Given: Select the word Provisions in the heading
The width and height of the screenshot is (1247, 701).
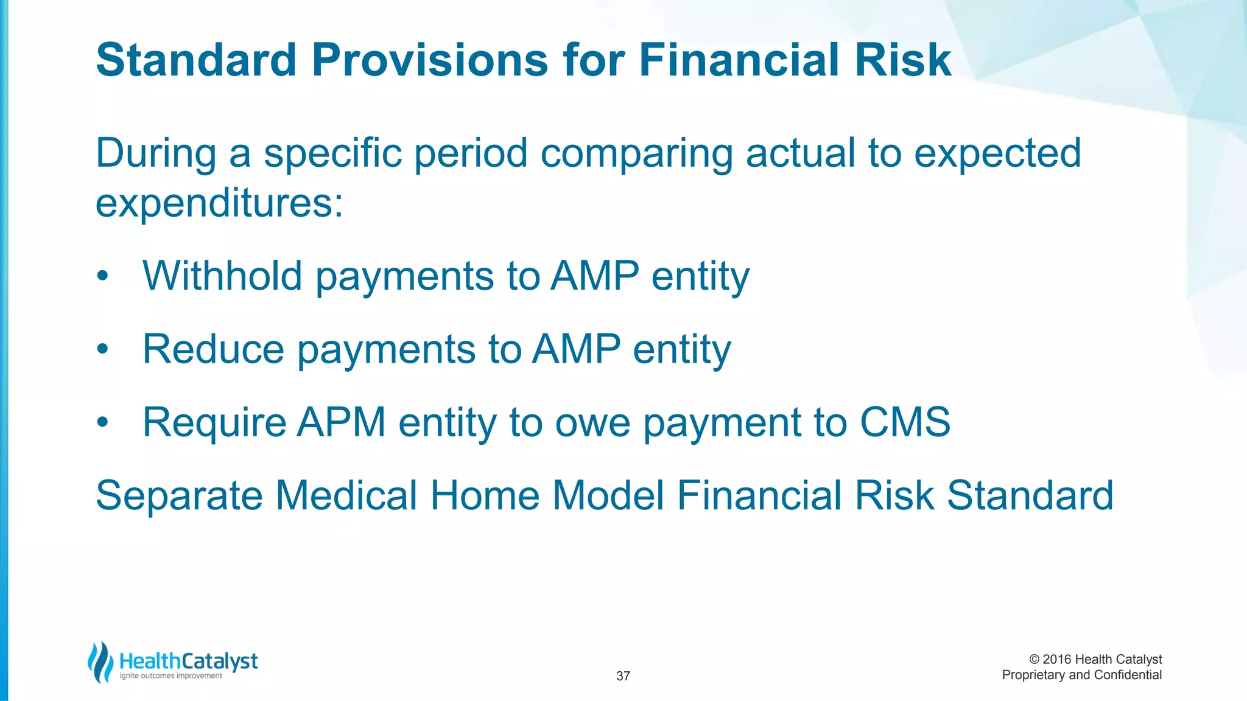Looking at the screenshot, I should (x=430, y=60).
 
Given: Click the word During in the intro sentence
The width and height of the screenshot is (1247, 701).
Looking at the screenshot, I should (x=156, y=153).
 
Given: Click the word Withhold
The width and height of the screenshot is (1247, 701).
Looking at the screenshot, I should (x=222, y=276).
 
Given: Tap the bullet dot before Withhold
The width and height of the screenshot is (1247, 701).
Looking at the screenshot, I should (x=102, y=277).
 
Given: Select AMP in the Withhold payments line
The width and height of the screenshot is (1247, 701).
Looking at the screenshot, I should (x=594, y=276).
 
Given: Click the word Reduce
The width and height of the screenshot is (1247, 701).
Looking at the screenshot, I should (x=213, y=349).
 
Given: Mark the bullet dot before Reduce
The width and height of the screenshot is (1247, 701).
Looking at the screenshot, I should (x=102, y=350).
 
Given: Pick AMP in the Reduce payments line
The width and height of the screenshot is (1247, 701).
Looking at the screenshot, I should (x=576, y=349).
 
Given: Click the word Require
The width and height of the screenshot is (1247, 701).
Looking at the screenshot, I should (x=214, y=422).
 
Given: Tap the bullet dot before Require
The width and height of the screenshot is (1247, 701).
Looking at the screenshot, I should (x=102, y=423).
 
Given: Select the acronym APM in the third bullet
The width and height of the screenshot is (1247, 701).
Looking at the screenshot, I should (x=341, y=422).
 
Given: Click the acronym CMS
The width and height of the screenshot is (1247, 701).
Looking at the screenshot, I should (x=905, y=422).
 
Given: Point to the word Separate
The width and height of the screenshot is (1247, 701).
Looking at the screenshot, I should (x=179, y=495).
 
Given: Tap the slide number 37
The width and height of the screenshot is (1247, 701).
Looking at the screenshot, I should (x=623, y=676).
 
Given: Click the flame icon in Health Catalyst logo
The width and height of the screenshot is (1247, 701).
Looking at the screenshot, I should (x=100, y=663).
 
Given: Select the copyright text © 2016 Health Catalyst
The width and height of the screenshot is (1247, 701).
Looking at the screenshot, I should (x=1095, y=660).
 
